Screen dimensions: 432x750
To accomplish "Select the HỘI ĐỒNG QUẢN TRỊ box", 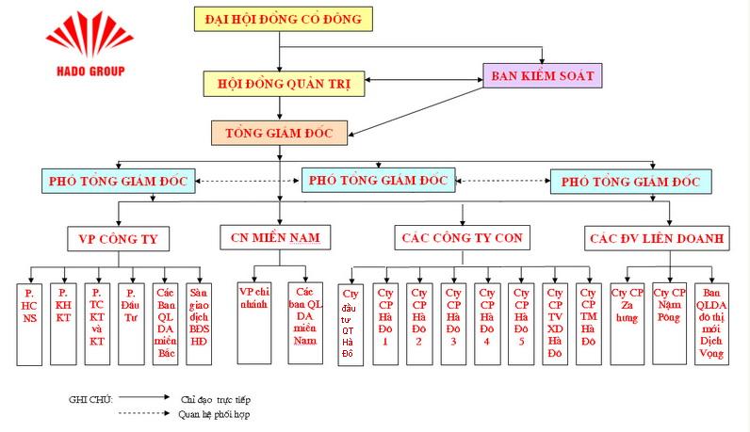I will pos(283,84).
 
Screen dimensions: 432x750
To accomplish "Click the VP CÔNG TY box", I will pos(118,238).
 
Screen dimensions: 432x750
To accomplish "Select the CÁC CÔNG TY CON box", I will pos(461,237).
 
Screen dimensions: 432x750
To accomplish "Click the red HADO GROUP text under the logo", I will pos(85,71).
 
